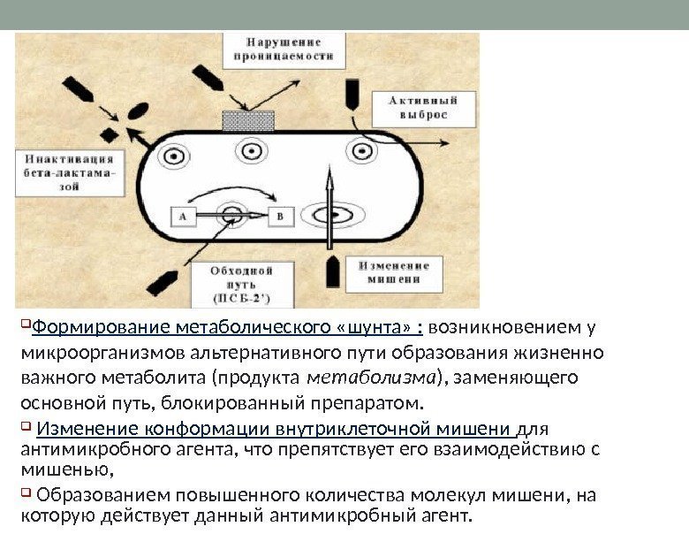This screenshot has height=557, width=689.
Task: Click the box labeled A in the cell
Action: click(182, 215)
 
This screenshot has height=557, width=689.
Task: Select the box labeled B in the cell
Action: click(281, 215)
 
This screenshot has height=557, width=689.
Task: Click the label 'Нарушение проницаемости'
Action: click(284, 50)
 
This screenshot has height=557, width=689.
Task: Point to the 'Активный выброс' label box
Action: click(424, 108)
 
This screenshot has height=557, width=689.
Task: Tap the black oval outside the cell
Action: click(139, 111)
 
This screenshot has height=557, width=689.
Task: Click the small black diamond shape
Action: click(110, 134)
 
